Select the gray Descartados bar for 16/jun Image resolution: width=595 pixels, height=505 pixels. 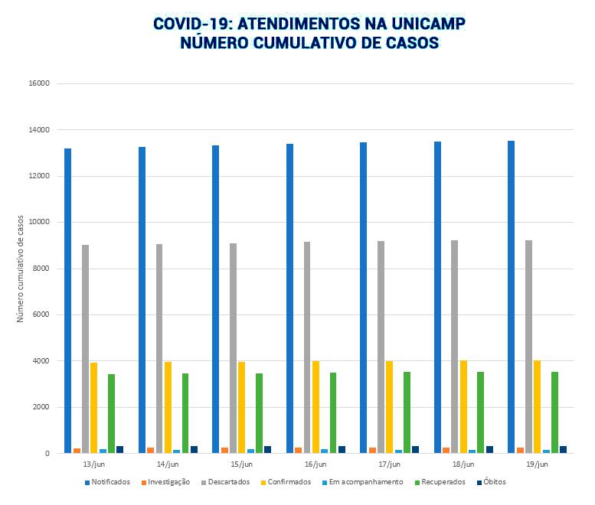pos(307,347)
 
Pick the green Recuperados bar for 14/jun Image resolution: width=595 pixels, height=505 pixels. pos(185,413)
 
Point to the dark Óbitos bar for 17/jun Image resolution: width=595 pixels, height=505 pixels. pos(416,449)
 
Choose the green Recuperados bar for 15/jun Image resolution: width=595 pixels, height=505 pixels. pos(260,413)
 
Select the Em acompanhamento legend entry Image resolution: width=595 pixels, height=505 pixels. pos(363,482)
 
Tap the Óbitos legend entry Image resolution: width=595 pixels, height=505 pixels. pos(494,482)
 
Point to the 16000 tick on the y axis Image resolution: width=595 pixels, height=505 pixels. pos(39,83)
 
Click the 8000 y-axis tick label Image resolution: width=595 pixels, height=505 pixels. pos(41,269)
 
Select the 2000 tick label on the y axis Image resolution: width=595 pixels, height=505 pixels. pos(41,407)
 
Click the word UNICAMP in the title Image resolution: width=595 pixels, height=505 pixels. pos(420,24)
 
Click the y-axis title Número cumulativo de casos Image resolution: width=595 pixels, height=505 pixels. pos(21,269)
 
